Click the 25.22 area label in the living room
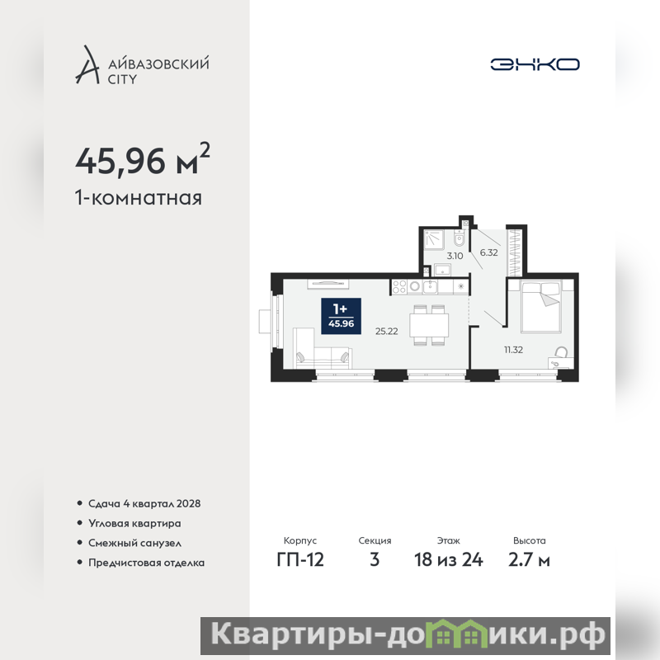click(x=386, y=332)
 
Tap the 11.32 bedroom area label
click(x=513, y=349)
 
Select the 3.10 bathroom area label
click(x=455, y=256)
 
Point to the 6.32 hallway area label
click(x=488, y=252)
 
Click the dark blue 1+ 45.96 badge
click(x=341, y=316)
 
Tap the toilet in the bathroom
click(x=459, y=238)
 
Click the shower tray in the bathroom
click(x=434, y=239)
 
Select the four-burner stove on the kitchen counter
click(x=399, y=287)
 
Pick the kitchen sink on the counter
click(x=430, y=286)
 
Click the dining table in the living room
click(x=429, y=324)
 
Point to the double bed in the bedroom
click(x=541, y=307)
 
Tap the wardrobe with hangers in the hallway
click(x=515, y=252)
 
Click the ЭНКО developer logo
click(x=535, y=64)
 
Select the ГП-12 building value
click(x=300, y=560)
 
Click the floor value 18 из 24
click(x=448, y=560)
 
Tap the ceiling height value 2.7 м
click(x=529, y=560)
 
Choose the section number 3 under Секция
click(x=375, y=560)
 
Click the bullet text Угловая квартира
click(x=134, y=523)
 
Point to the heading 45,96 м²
click(x=143, y=159)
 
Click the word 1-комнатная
click(x=139, y=198)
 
